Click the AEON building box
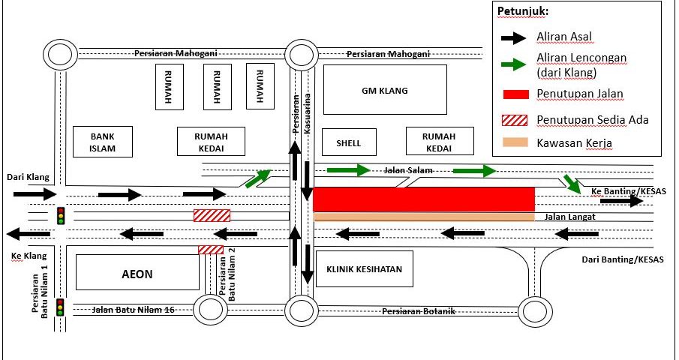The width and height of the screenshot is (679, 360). tap(137, 274)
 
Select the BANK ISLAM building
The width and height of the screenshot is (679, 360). tap(102, 141)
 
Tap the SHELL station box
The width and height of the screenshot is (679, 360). tap(349, 142)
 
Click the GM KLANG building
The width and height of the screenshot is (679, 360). tap(385, 90)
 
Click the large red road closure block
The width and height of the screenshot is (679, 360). tap(423, 199)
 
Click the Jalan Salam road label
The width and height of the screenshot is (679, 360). tap(405, 171)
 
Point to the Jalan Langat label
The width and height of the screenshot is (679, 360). tap(566, 217)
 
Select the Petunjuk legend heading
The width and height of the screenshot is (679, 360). tap(522, 12)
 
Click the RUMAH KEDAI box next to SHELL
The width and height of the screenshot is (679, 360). tap(439, 141)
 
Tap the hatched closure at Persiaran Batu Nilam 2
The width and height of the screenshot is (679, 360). tap(210, 250)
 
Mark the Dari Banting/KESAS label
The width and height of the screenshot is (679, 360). tap(623, 260)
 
